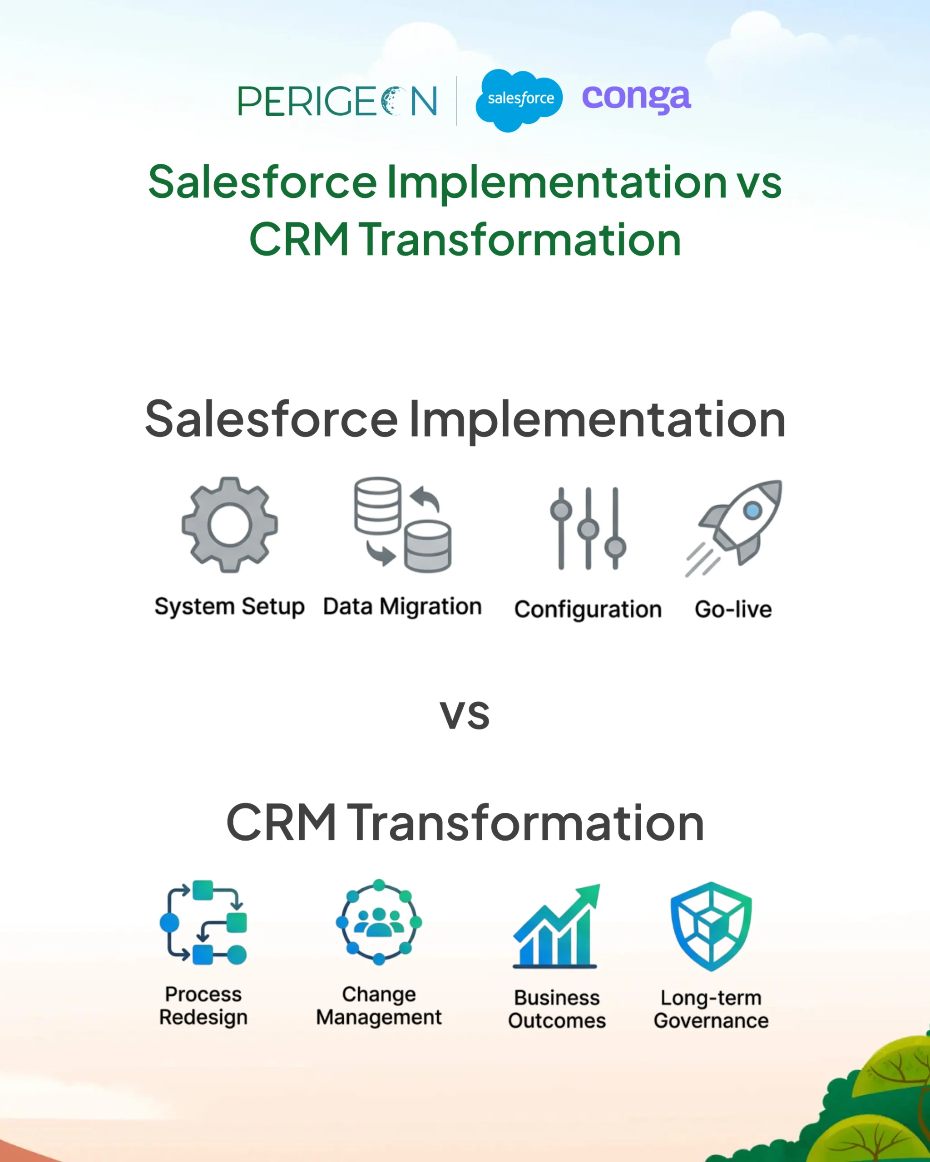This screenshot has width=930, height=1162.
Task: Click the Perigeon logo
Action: [x=337, y=101]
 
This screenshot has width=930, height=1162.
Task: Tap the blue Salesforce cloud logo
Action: [x=519, y=100]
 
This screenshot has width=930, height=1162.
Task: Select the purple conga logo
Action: [x=636, y=98]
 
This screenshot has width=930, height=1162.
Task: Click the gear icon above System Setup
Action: [x=230, y=524]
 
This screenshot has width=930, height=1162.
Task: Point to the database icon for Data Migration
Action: [x=403, y=524]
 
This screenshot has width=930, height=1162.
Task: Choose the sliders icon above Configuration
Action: [x=588, y=528]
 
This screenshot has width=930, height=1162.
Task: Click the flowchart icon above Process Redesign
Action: [x=203, y=922]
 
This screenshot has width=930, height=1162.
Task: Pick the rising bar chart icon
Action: [x=556, y=926]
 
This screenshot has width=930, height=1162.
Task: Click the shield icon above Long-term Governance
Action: [x=711, y=926]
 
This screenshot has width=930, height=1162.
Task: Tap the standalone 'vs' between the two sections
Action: [x=465, y=716]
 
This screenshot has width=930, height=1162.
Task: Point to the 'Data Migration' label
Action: [x=402, y=607]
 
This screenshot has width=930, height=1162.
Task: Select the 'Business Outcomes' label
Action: [x=557, y=1009]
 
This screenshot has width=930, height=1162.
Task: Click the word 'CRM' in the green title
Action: [x=299, y=239]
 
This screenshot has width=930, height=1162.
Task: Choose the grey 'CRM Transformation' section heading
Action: [x=465, y=822]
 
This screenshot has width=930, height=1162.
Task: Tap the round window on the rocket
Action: [x=752, y=510]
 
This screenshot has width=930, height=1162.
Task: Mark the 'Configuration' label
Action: [x=588, y=610]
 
